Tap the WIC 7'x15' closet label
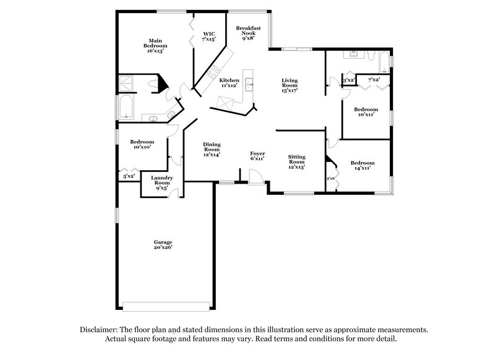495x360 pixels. pos(209,36)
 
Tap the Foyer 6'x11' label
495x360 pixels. pos(257,156)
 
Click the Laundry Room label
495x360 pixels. pos(162,182)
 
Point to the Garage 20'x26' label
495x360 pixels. pos(163,244)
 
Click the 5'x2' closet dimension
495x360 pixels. pos(129,177)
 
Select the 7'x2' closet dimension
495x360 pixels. pos(373,80)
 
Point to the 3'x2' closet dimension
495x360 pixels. pos(348,80)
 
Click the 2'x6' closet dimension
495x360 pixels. pos(330,179)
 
